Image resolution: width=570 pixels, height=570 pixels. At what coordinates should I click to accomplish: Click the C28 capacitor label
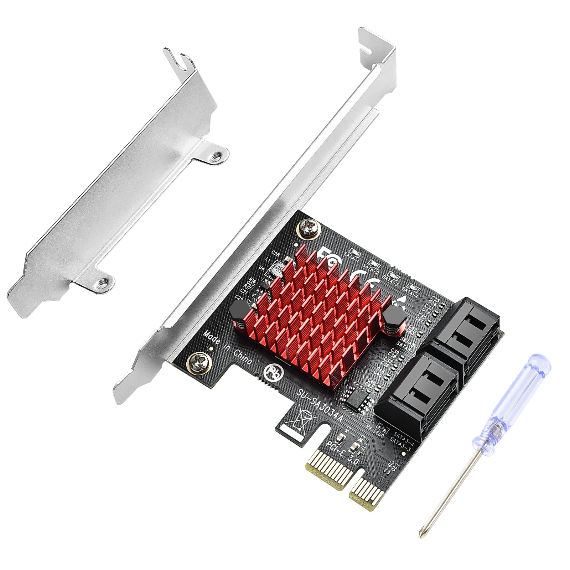(275, 253)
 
